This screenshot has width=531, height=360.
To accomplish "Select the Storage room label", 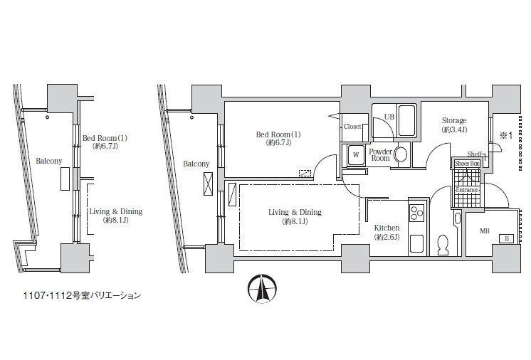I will coord(453,121).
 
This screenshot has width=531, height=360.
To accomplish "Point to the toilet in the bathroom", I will coord(443,244).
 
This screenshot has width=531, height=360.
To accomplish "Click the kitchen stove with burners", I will coord(416,212).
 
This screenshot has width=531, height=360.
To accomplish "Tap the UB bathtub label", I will coord(389,116).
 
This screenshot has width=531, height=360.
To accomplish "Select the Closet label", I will coord(353,127).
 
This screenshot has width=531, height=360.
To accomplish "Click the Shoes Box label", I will coord(468,163).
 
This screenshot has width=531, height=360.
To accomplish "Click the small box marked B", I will coord(507,240).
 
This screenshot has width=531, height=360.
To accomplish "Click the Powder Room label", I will coord(380,154).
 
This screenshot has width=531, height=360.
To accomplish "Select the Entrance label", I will coord(467,190).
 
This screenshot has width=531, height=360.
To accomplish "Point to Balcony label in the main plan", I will coord(196,164).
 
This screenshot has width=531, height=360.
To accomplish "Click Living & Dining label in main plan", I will coord(295,217).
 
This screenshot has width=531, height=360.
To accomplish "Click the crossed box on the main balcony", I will coord(209,183).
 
